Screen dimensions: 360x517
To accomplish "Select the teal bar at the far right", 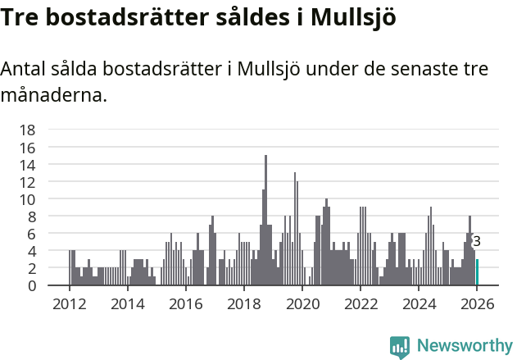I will (477, 272).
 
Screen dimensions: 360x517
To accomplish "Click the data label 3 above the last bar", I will (477, 241).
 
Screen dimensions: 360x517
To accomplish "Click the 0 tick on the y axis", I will (31, 286).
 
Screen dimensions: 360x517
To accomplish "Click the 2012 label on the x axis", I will (69, 304).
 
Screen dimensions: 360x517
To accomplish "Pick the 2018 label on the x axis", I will (243, 304).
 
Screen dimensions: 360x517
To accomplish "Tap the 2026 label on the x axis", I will (477, 304).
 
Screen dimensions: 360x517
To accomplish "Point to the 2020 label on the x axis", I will (302, 304).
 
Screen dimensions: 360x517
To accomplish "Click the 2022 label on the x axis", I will (361, 304).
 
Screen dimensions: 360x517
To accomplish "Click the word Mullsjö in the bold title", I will (354, 18).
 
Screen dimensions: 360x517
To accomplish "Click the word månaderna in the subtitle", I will (54, 96).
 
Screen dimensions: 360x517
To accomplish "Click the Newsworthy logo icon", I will (400, 347).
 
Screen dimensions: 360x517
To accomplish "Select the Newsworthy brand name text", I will (464, 347).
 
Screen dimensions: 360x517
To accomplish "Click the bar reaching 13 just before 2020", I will (295, 229).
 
